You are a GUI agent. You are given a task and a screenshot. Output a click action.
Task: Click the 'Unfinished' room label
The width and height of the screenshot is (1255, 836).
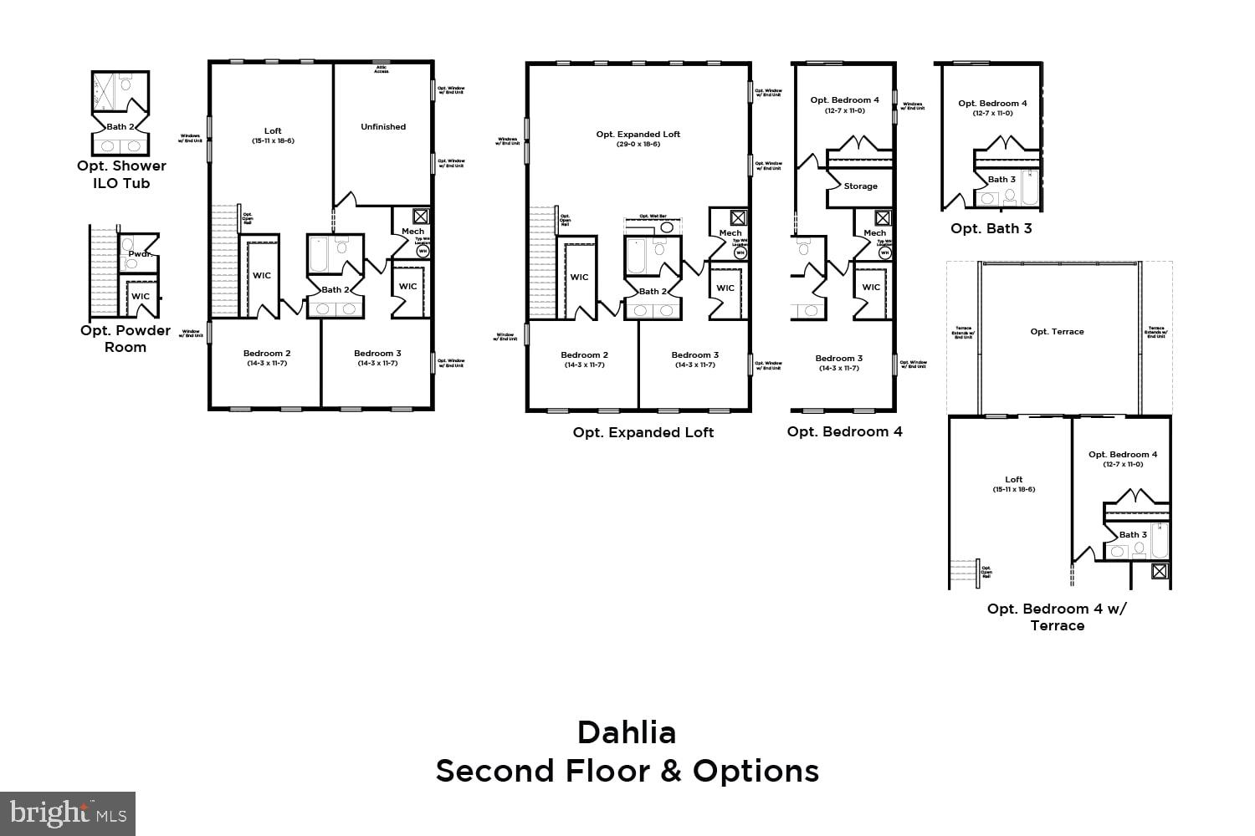[383, 127]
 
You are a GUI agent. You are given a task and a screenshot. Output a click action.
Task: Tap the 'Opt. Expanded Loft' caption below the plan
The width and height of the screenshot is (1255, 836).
[643, 432]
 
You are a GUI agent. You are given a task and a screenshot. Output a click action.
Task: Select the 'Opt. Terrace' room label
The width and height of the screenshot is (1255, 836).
[1057, 332]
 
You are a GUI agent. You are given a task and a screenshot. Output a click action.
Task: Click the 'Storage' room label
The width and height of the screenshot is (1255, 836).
[860, 186]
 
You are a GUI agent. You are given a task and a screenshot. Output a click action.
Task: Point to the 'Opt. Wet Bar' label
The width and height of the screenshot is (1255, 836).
[653, 217]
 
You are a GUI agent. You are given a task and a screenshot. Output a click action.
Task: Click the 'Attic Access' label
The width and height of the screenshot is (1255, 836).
[382, 69]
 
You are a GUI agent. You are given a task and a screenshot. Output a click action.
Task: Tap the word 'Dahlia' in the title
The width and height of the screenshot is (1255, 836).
[627, 732]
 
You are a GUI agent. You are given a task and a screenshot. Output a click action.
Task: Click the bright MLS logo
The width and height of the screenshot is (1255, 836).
[68, 813]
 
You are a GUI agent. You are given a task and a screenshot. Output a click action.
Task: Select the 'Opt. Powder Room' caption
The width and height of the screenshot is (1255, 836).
[125, 339]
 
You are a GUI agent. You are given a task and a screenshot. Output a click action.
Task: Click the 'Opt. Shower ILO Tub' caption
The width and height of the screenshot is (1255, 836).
[121, 174]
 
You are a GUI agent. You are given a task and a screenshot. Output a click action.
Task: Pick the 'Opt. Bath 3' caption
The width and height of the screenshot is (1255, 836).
[991, 228]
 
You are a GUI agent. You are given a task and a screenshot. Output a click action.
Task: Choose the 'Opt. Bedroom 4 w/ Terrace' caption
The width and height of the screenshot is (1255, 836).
[1057, 617]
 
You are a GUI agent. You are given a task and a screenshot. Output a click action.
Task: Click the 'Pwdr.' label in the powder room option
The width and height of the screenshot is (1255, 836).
[140, 252]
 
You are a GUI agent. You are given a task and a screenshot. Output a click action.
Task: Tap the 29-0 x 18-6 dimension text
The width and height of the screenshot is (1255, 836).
[638, 144]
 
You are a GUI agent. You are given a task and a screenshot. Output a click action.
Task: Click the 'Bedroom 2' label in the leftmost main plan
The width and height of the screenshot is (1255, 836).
[267, 354]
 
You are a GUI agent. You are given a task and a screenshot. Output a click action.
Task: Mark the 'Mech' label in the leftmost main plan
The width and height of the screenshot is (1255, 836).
[412, 232]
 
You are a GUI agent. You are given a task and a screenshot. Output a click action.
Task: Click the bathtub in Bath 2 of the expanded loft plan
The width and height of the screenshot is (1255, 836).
[635, 257]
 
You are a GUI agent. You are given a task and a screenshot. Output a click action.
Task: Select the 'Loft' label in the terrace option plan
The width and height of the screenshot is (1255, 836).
[1013, 480]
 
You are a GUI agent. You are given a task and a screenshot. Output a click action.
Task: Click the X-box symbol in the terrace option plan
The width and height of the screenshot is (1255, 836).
[1159, 571]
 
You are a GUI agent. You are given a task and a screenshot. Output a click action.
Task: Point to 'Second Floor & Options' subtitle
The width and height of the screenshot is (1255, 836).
[627, 771]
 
